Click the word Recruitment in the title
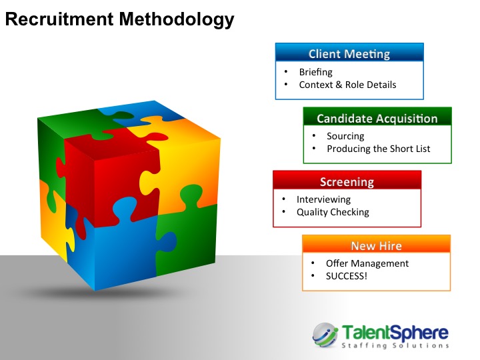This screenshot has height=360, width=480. (x=59, y=19)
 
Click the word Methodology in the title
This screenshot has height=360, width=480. (x=177, y=20)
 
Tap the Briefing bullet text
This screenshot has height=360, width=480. (x=315, y=72)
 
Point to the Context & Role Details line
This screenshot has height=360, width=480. (x=347, y=85)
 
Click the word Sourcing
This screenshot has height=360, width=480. (x=345, y=136)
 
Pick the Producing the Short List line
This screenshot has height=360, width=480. (x=379, y=149)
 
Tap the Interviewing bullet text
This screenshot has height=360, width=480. (x=323, y=199)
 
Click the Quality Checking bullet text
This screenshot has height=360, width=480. (x=333, y=212)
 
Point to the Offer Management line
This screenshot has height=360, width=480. (x=367, y=263)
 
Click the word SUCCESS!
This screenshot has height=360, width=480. (x=346, y=276)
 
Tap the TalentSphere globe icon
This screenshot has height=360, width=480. (x=325, y=335)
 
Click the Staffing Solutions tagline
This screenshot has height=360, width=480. (x=395, y=345)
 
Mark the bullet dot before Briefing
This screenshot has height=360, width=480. (x=286, y=71)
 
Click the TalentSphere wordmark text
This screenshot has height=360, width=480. (x=395, y=333)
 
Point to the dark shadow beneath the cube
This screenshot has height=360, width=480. (x=101, y=293)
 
